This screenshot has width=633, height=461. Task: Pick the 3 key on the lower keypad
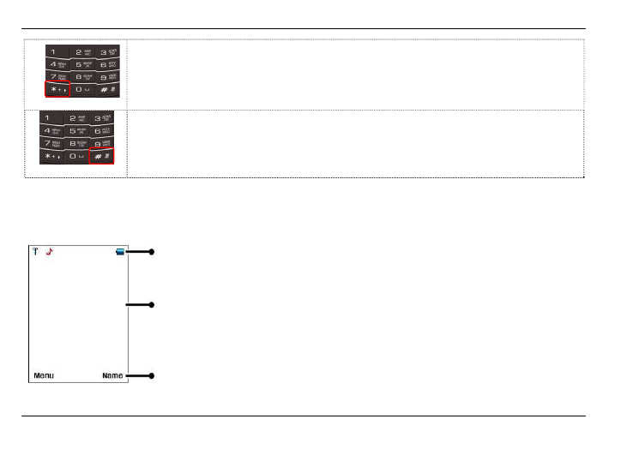click(103, 118)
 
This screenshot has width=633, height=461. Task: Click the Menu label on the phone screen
click(44, 375)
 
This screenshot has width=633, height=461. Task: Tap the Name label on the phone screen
click(112, 375)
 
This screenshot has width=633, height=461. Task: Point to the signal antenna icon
click(36, 252)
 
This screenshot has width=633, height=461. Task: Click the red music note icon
click(50, 252)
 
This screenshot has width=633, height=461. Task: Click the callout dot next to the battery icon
click(151, 252)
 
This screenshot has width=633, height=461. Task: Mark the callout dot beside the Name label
click(151, 375)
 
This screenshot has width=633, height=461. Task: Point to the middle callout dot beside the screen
click(151, 304)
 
